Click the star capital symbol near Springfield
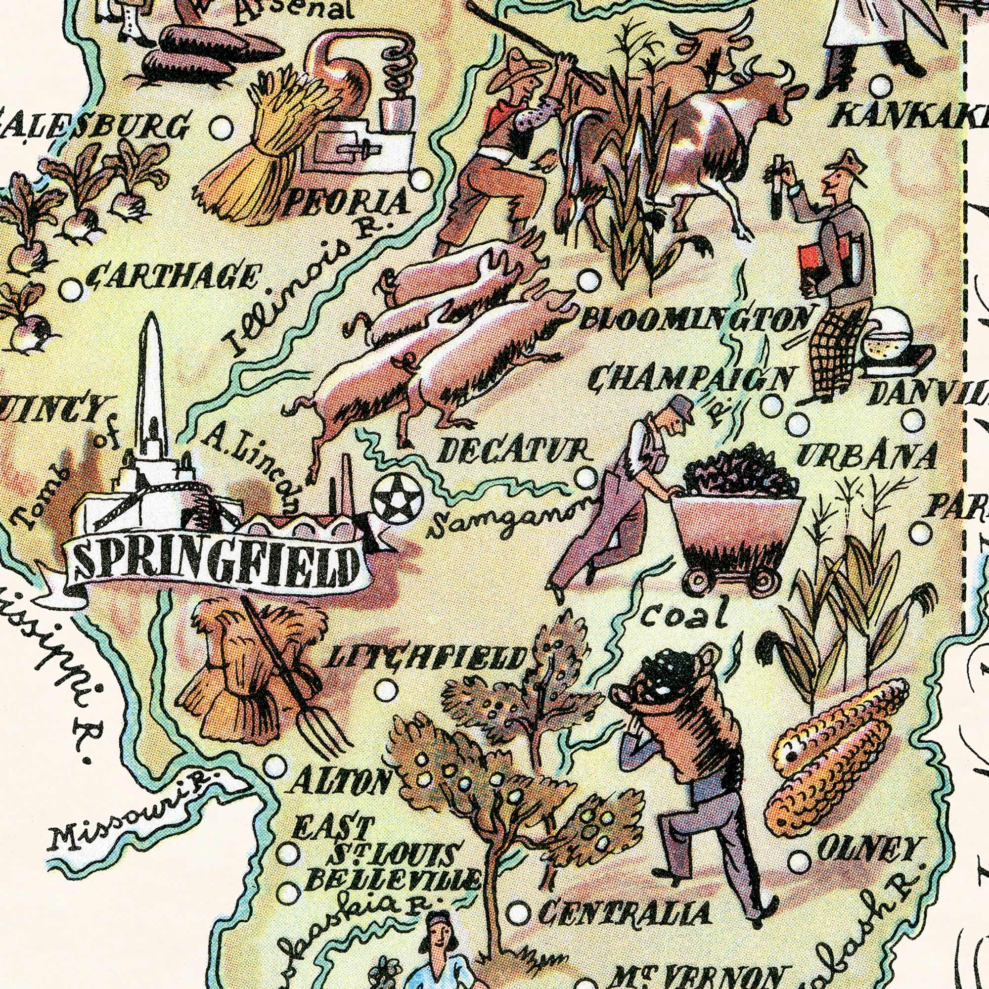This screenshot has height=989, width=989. pos(397,498)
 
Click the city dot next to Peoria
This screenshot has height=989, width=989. pos(421,180)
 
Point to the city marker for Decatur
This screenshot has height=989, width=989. pos(585,478)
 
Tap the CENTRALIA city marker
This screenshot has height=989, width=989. pos(518,913)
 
